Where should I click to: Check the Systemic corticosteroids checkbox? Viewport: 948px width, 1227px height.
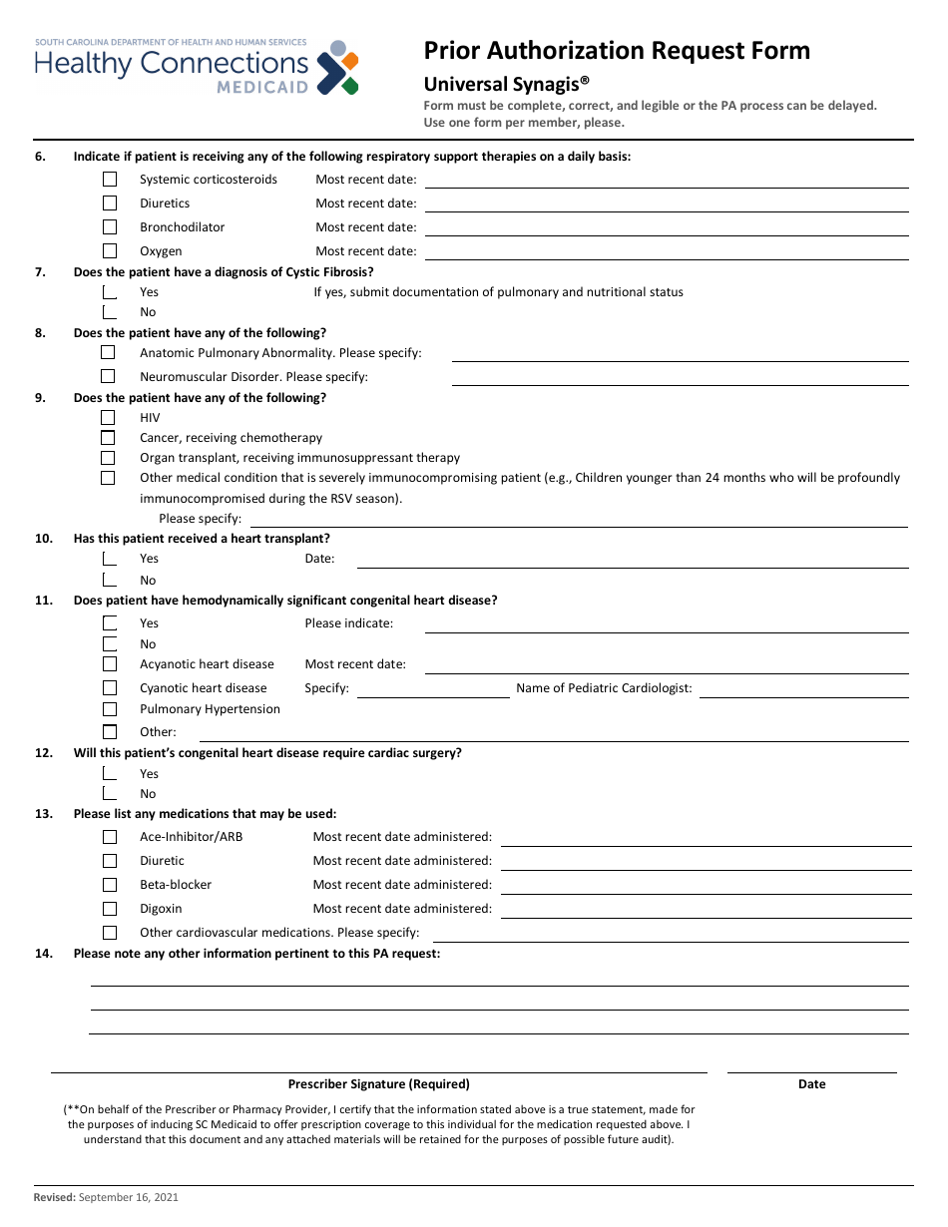pos(110,180)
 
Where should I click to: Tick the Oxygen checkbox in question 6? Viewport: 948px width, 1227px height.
pos(110,251)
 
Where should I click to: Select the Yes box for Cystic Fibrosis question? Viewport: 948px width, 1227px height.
pos(110,292)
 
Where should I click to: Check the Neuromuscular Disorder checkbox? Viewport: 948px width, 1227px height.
pos(108,376)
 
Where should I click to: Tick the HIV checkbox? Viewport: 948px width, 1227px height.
pos(108,418)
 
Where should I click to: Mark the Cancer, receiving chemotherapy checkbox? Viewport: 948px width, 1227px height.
pos(108,438)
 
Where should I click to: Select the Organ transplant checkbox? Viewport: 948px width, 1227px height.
pos(108,458)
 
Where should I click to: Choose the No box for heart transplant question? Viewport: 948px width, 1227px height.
pos(110,580)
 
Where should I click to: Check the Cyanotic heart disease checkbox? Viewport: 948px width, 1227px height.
pos(110,688)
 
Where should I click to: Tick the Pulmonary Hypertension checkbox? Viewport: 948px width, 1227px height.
pos(110,709)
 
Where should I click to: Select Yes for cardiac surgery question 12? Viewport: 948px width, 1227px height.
pos(110,773)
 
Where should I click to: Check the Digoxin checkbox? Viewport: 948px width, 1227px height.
pos(110,909)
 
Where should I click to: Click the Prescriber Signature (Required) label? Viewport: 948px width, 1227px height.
pos(378,1084)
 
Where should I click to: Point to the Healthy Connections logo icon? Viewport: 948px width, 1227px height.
pos(337,68)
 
